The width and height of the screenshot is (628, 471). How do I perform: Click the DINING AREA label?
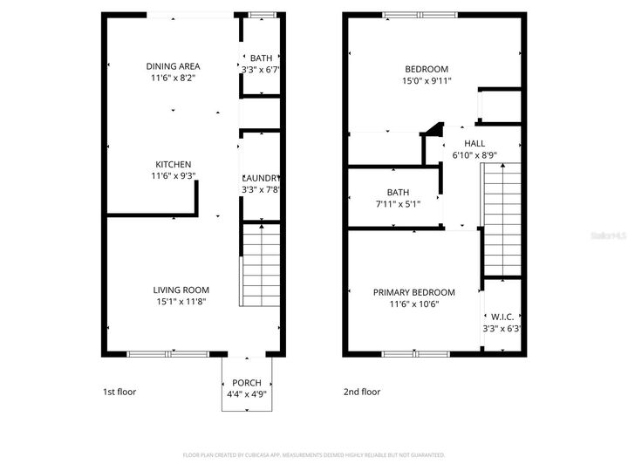173,66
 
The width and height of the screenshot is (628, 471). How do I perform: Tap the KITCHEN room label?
173,165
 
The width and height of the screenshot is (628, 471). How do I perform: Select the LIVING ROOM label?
181,290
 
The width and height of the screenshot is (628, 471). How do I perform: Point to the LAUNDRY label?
260,178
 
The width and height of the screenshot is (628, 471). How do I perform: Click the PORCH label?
247,383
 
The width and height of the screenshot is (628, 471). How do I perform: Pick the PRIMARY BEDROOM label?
414,293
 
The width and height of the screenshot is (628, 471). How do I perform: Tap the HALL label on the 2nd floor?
474,144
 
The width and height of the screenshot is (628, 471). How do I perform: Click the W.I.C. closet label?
502,317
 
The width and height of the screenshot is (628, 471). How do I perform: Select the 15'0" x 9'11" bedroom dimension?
427,81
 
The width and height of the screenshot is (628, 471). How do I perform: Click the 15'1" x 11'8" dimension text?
181,302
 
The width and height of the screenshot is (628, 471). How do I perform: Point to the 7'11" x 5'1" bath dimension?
398,205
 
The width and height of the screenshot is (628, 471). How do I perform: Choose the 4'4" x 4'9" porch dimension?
247,394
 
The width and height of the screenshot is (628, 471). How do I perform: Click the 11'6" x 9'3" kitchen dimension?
173,176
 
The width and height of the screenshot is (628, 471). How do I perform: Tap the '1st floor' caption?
119,392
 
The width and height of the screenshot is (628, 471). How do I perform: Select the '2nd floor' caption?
362,392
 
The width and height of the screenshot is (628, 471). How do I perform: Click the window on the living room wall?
168,353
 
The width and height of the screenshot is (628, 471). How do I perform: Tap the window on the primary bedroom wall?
416,353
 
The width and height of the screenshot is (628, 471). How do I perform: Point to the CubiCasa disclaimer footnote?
314,455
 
